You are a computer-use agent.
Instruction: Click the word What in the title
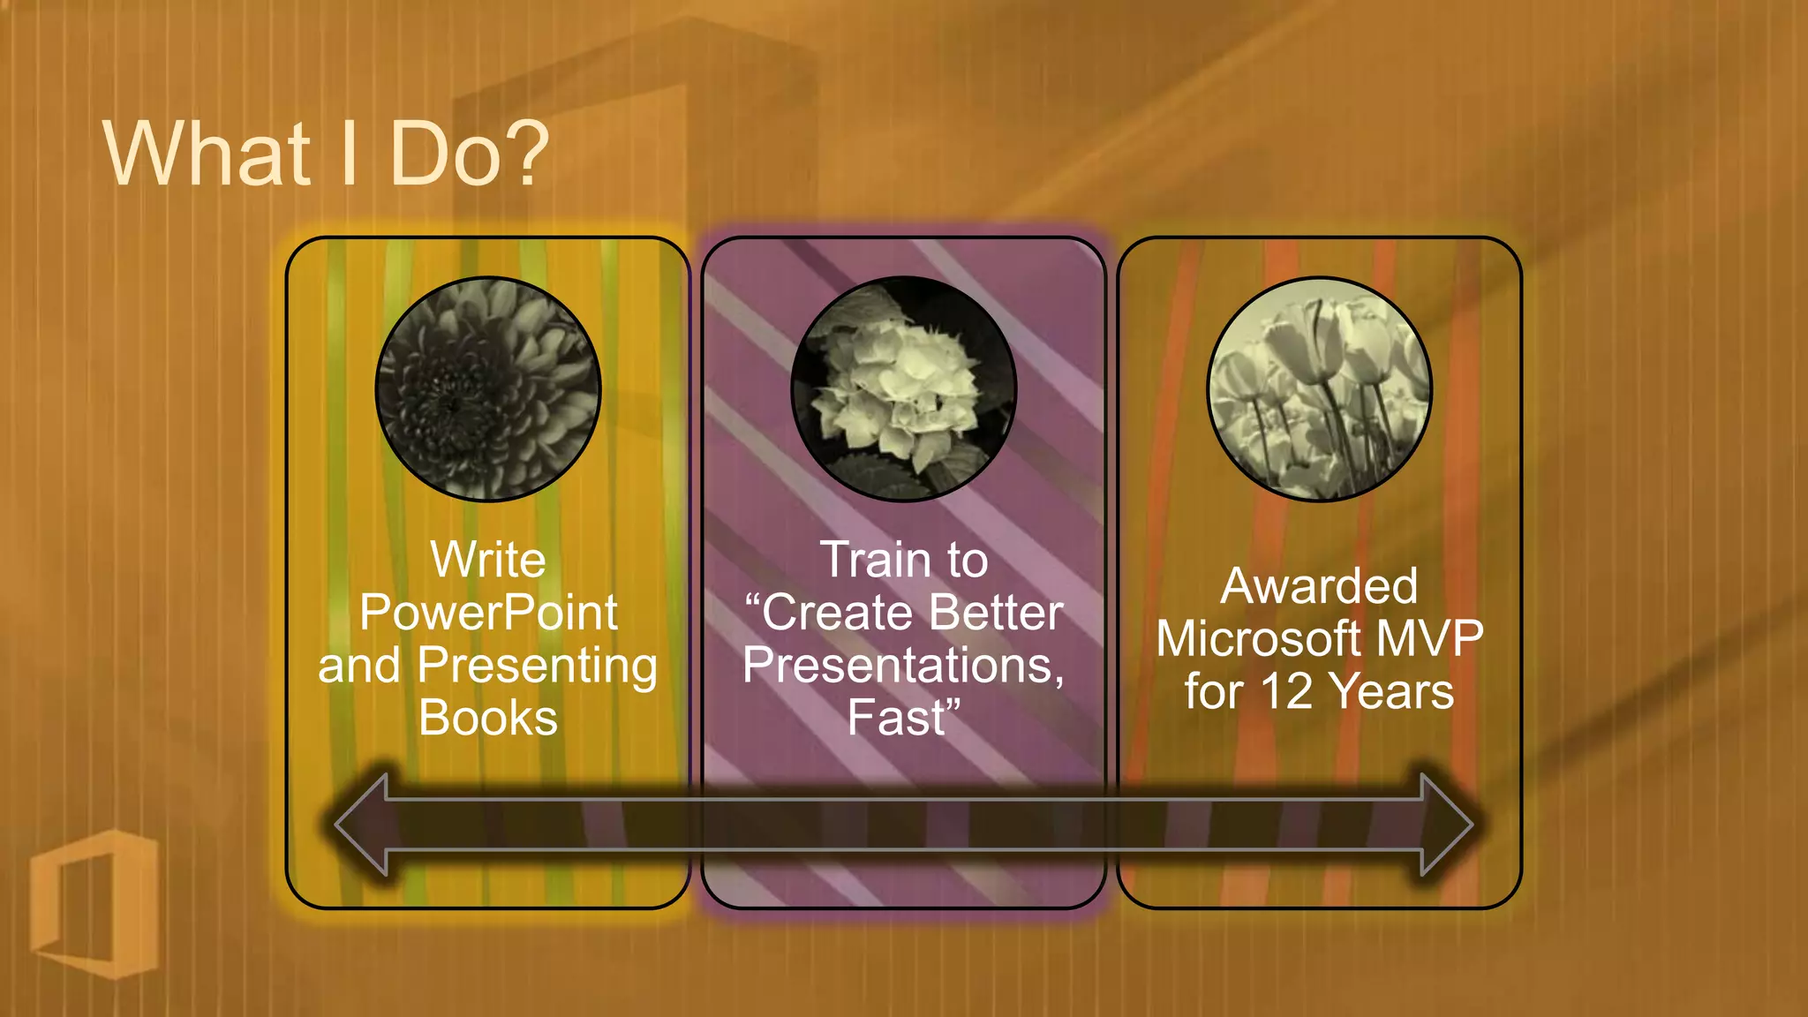[x=207, y=154]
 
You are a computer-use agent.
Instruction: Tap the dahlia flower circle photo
[x=488, y=389]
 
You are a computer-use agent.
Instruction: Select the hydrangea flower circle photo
[x=903, y=389]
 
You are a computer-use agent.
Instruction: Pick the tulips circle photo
[x=1319, y=389]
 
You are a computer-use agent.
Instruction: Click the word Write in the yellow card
[x=488, y=561]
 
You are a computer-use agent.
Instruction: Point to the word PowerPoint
[x=488, y=613]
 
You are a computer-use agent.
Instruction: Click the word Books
[x=488, y=718]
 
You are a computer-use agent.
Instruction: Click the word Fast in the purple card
[x=897, y=718]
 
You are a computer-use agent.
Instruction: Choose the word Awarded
[x=1319, y=587]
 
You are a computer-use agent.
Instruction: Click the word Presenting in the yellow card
[x=537, y=666]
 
